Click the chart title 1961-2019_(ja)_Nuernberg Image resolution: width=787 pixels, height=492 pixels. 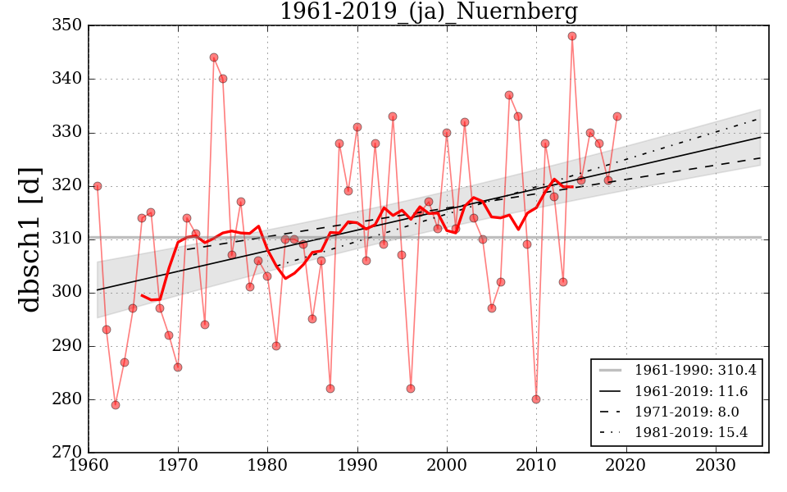[429, 12]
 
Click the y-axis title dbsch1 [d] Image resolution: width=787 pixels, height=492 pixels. [30, 239]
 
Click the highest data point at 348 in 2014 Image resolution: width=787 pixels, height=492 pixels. [572, 36]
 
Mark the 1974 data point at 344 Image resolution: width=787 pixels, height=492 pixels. [214, 57]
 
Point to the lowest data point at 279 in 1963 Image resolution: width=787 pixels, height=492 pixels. [116, 404]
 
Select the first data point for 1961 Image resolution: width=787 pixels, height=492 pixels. [98, 186]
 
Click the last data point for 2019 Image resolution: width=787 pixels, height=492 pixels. [617, 116]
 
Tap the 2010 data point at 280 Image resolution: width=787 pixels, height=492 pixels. [536, 399]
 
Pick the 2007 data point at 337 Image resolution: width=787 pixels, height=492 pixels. [509, 95]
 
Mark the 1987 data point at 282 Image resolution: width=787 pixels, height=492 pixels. [330, 389]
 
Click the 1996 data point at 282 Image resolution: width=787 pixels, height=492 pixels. [411, 389]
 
